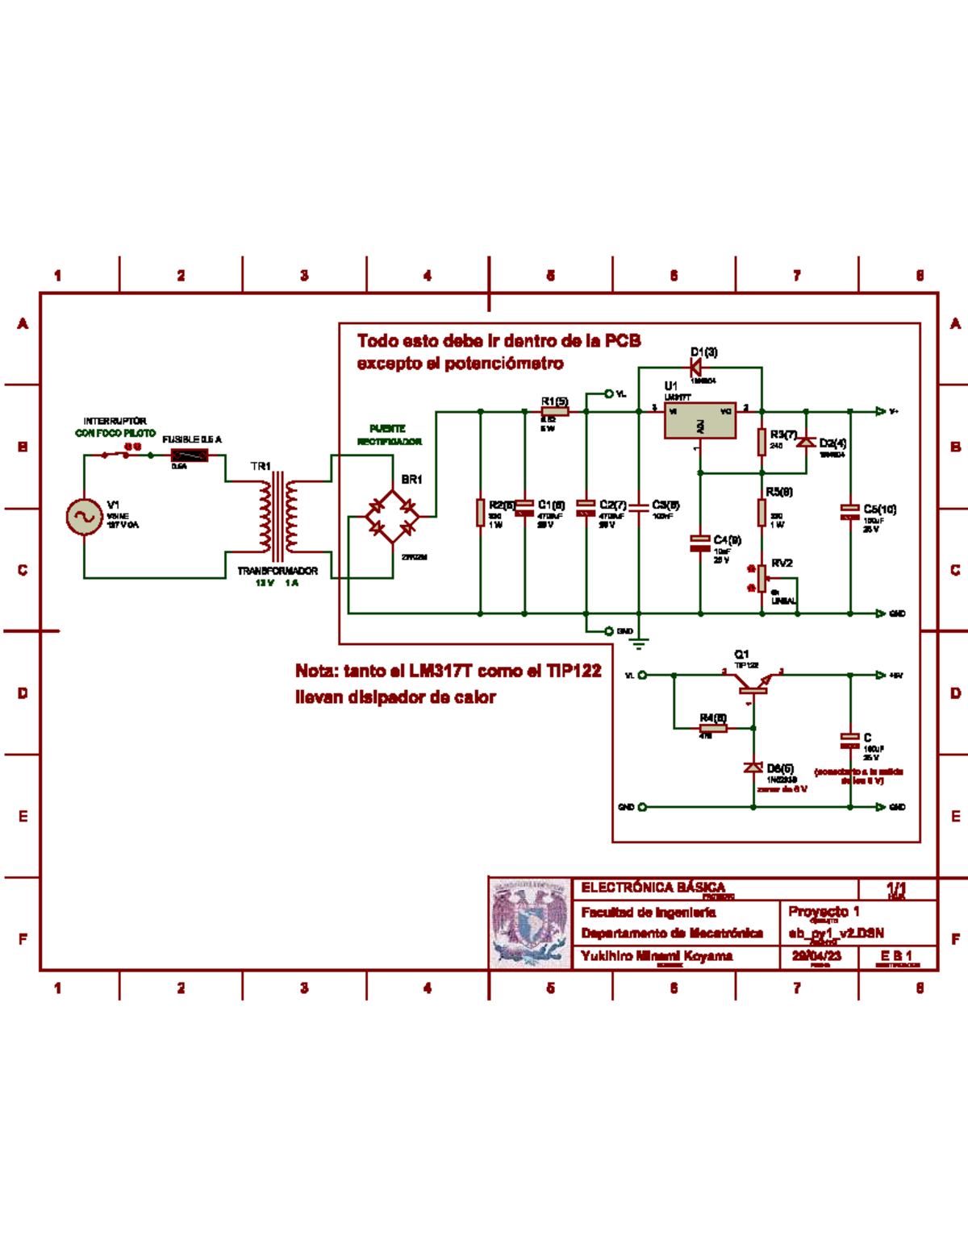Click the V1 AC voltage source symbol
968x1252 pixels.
click(x=84, y=517)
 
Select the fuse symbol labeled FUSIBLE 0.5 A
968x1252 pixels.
click(x=190, y=455)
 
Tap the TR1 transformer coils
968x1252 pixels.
click(x=277, y=517)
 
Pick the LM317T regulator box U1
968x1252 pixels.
click(x=699, y=420)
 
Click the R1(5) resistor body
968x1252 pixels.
click(x=554, y=411)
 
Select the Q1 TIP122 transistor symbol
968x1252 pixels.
click(x=753, y=684)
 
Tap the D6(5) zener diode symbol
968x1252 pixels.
click(x=753, y=767)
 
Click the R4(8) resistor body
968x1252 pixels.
click(x=712, y=728)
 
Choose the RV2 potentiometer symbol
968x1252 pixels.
click(x=761, y=578)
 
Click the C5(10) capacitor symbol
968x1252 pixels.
click(x=849, y=512)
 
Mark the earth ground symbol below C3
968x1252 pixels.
click(x=639, y=644)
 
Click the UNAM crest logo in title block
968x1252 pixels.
click(x=530, y=924)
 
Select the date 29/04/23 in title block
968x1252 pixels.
click(x=816, y=955)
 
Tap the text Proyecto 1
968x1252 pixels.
click(x=824, y=911)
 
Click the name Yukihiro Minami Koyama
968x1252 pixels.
click(x=657, y=956)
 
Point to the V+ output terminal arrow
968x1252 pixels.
click(x=881, y=411)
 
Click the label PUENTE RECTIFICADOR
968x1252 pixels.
click(x=389, y=435)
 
